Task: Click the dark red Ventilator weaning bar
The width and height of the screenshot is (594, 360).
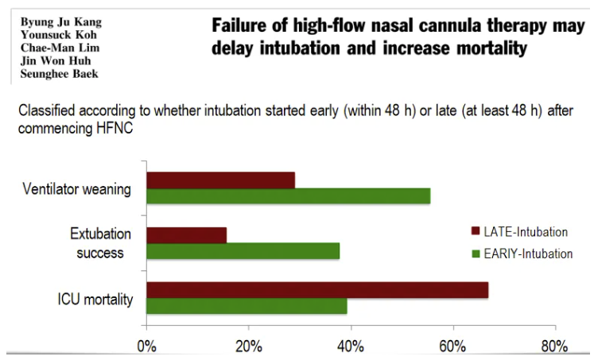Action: tap(220, 180)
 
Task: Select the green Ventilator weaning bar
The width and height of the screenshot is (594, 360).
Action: tap(288, 195)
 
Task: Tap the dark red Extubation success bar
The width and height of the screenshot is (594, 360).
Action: tap(186, 235)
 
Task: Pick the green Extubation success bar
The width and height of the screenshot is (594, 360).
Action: tap(243, 251)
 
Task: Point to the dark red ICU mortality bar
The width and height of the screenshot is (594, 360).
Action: tap(317, 290)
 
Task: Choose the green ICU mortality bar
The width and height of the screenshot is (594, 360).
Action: tap(247, 306)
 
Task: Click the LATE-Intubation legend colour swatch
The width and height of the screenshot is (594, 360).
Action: tap(476, 232)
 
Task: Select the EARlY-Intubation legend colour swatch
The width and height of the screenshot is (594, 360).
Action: tap(476, 254)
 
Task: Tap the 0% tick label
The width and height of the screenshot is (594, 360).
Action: tap(146, 346)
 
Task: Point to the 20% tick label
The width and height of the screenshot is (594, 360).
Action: tap(248, 346)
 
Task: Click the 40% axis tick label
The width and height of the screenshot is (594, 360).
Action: tap(351, 346)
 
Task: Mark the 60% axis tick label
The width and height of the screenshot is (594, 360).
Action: tap(452, 346)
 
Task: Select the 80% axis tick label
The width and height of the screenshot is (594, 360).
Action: tap(554, 346)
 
